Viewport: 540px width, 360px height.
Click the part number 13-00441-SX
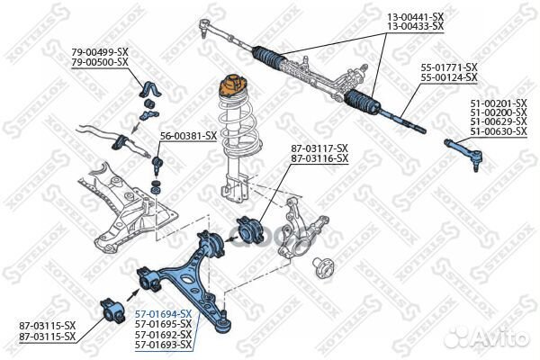[x=415, y=17]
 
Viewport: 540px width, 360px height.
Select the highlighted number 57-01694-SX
[x=163, y=312]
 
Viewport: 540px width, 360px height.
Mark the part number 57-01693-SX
[x=163, y=345]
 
